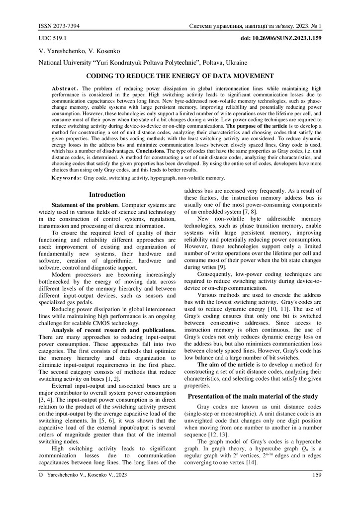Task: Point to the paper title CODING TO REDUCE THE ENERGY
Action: pos(180,76)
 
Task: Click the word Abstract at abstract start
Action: pos(64,88)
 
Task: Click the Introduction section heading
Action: pos(106,194)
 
